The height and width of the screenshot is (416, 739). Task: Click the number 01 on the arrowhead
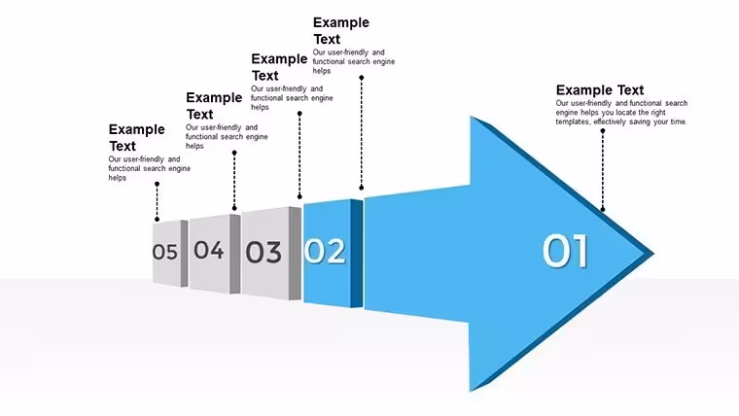[x=565, y=251]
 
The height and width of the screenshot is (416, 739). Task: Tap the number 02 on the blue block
[x=325, y=251]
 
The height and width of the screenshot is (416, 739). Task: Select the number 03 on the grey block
[x=264, y=252]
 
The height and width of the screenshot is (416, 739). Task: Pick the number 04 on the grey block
[x=209, y=250]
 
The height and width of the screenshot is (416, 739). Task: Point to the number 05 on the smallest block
[x=165, y=252]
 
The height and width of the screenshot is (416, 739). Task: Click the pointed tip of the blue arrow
[x=654, y=254]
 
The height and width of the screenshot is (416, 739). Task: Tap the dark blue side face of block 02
[x=357, y=254]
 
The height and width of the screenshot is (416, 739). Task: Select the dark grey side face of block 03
[x=295, y=254]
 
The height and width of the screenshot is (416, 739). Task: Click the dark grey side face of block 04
[x=235, y=254]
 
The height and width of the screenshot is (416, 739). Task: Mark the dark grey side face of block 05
[x=185, y=254]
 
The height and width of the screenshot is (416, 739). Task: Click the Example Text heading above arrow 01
[x=600, y=90]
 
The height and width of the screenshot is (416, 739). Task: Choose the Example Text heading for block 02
[x=341, y=31]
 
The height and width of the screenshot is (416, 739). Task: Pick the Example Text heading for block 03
[x=279, y=67]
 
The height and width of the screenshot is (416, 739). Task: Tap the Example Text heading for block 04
[x=214, y=106]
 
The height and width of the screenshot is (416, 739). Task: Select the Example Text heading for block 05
[x=137, y=137]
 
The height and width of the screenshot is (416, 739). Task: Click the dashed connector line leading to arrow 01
[x=602, y=170]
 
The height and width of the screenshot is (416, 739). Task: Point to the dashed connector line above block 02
[x=362, y=133]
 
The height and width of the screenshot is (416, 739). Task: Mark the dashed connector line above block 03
[x=299, y=155]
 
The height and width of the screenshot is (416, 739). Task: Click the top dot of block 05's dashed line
[x=157, y=184]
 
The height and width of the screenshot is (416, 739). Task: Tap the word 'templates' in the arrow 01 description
[x=572, y=121]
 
